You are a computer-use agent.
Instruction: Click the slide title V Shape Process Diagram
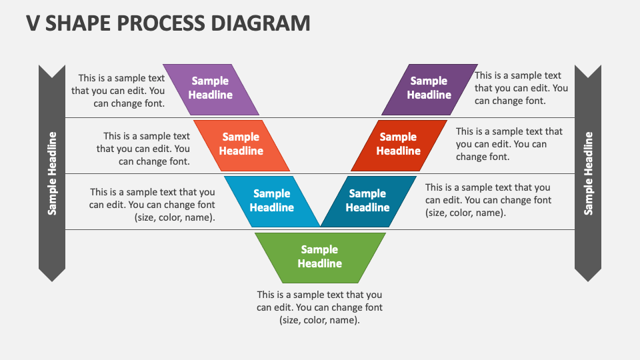tap(168, 23)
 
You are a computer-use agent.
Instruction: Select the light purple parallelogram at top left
tap(211, 89)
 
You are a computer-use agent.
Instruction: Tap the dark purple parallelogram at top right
tap(429, 89)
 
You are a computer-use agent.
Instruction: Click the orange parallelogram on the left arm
tap(241, 145)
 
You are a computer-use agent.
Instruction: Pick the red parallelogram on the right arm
tap(399, 145)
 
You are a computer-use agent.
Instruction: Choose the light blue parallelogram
tap(272, 201)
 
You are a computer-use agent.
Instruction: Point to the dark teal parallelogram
tap(368, 201)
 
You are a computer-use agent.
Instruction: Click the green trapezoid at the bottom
tap(320, 257)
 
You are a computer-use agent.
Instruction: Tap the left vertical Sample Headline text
tap(52, 173)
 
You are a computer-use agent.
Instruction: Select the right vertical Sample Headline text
tap(588, 173)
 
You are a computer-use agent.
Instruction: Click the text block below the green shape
tap(320, 307)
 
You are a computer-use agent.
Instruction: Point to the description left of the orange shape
tap(144, 149)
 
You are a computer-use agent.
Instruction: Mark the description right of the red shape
tap(509, 144)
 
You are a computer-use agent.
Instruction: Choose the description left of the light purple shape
tap(119, 91)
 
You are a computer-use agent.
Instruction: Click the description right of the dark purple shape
tap(521, 88)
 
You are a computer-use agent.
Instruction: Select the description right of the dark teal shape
tap(488, 201)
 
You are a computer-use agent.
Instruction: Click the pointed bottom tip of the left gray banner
tap(52, 278)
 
